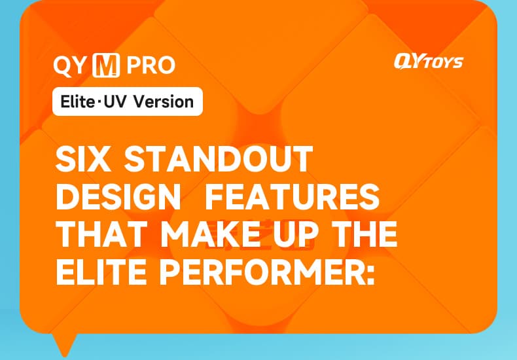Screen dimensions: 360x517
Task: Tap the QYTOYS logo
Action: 428,62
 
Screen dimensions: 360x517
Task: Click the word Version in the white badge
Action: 166,102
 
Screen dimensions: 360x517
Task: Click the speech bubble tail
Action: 66,342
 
